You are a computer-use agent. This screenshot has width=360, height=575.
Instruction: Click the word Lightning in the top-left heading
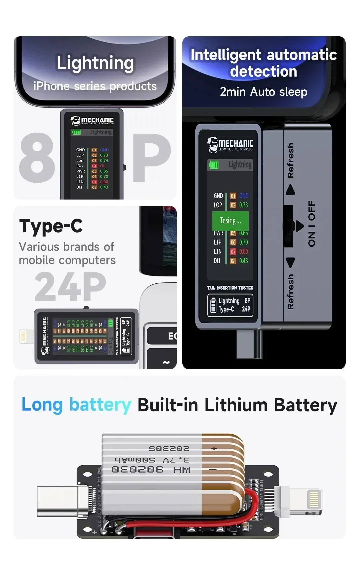click(95, 63)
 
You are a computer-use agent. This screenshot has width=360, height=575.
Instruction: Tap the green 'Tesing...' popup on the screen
click(230, 221)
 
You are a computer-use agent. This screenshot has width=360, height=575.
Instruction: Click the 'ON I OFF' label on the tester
click(312, 224)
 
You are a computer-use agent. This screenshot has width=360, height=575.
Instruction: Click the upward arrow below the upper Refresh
click(291, 189)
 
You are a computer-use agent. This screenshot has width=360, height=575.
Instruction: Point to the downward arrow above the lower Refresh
click(291, 262)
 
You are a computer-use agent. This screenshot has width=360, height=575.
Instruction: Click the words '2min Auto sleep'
click(263, 91)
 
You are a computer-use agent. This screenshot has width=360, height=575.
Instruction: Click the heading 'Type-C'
click(51, 226)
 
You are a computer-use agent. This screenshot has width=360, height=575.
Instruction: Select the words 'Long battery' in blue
click(76, 405)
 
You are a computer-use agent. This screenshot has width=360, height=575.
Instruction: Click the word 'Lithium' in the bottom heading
click(236, 405)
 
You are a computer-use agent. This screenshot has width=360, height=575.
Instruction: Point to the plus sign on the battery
click(214, 449)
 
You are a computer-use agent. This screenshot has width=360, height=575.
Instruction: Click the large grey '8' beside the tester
click(37, 158)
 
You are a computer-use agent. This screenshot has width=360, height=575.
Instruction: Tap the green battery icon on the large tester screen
click(214, 165)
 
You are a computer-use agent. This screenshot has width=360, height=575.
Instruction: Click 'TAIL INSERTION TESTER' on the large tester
click(230, 288)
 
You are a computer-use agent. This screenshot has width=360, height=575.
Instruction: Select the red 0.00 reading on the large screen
click(244, 252)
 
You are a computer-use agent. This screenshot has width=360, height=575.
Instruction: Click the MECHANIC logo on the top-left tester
click(92, 120)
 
